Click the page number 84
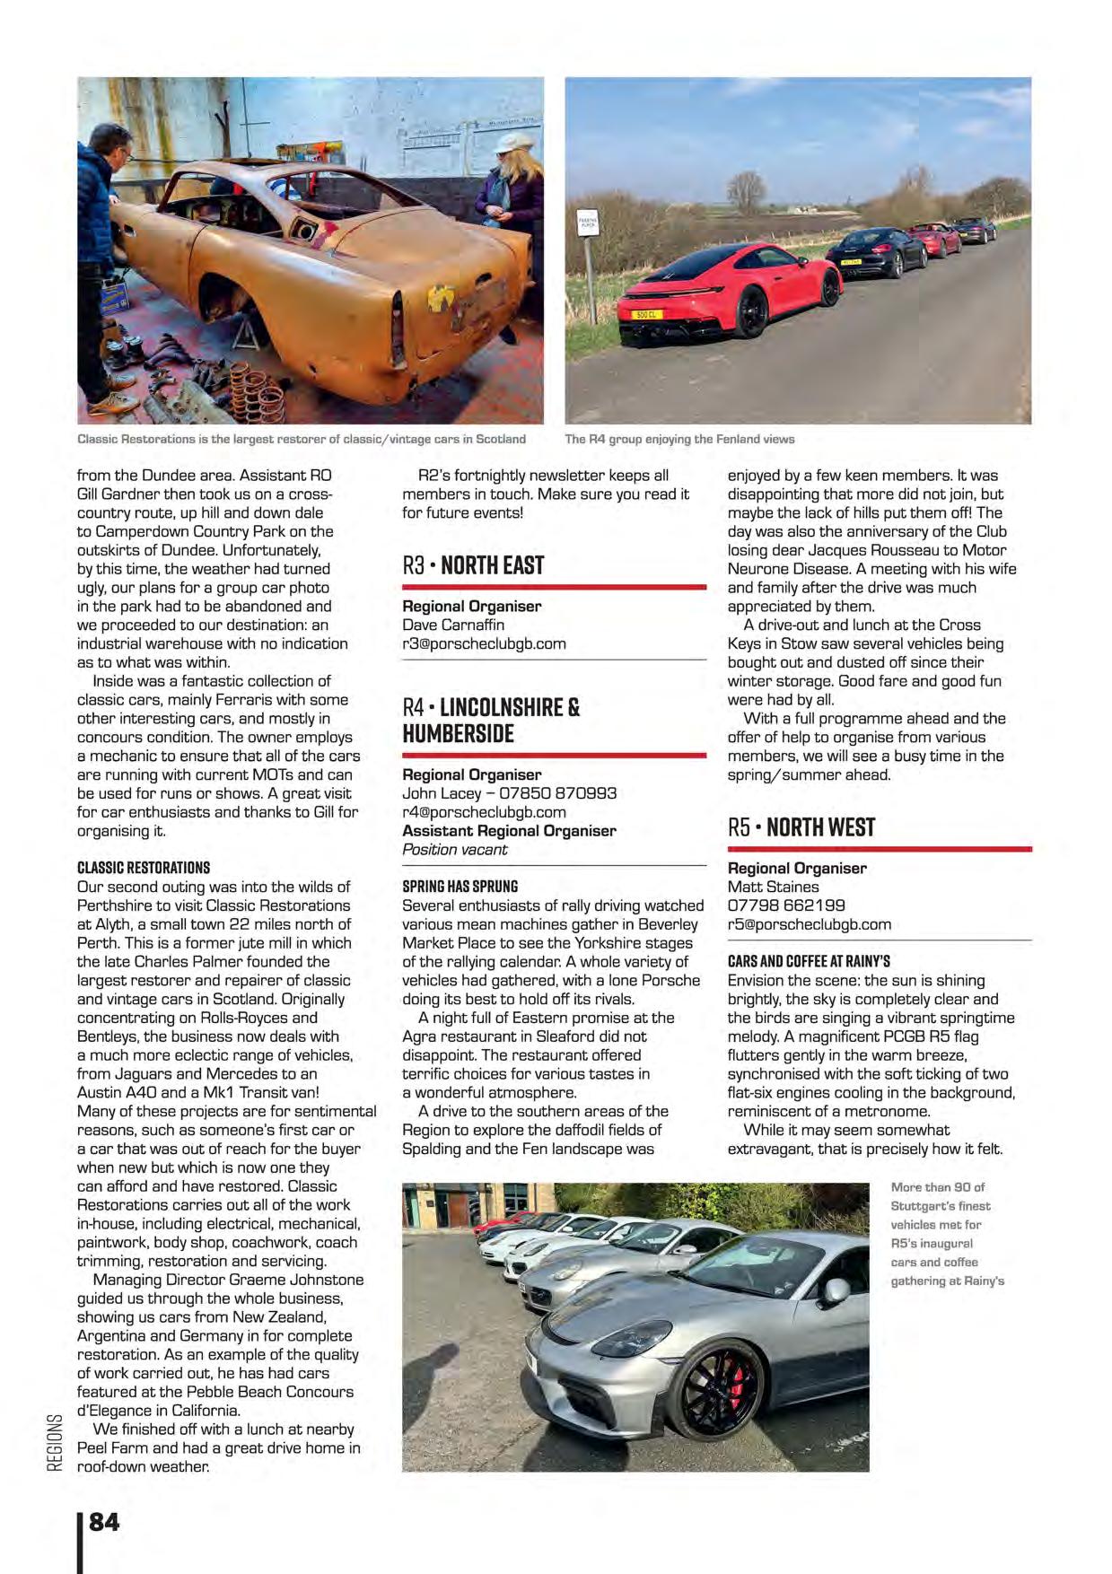coord(104,1521)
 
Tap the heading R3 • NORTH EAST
coord(473,565)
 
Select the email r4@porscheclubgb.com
coord(484,812)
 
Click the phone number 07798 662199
coord(786,905)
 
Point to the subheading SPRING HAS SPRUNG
coord(460,886)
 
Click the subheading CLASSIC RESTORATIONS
coord(144,868)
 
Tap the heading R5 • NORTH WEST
coord(801,827)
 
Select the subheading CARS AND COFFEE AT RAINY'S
coord(809,961)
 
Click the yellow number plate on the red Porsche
coord(646,314)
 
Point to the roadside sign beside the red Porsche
coord(588,224)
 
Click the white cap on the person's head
coord(513,144)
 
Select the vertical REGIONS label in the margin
coord(56,1442)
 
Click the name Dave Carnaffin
coord(453,625)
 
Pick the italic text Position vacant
coord(454,850)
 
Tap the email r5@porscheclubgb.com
coord(809,924)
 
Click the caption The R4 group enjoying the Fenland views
coord(679,439)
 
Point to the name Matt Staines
coord(773,887)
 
